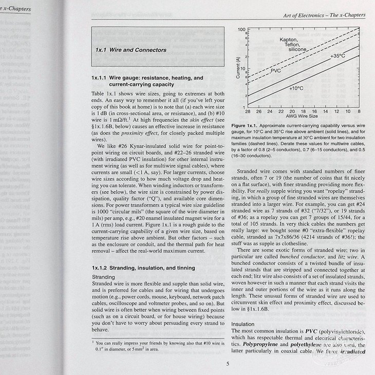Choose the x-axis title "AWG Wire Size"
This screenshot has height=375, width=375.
(x=302, y=117)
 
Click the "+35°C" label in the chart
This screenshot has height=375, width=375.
(x=338, y=56)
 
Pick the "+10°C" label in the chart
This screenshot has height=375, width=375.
(x=297, y=88)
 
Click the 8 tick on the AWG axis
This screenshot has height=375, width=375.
(x=359, y=111)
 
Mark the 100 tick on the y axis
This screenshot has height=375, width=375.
(x=241, y=30)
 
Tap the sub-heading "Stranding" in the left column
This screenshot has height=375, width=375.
(x=103, y=277)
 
